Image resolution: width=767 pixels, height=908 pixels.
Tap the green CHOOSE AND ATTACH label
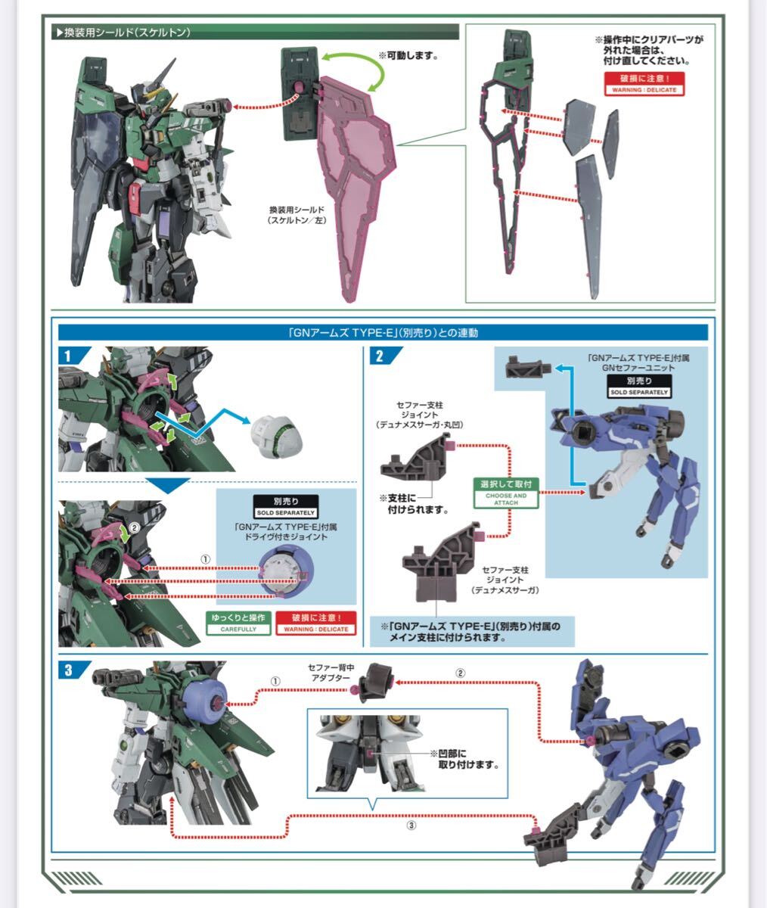(x=505, y=492)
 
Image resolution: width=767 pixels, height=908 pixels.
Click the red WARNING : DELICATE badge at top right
(x=644, y=83)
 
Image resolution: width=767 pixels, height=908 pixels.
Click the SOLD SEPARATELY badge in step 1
(x=285, y=506)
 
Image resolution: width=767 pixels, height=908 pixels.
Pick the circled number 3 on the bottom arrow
(x=411, y=826)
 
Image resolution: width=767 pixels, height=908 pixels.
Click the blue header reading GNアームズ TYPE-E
(x=383, y=332)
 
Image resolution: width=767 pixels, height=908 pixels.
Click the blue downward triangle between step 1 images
(x=168, y=484)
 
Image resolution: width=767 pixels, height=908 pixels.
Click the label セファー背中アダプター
(x=329, y=673)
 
